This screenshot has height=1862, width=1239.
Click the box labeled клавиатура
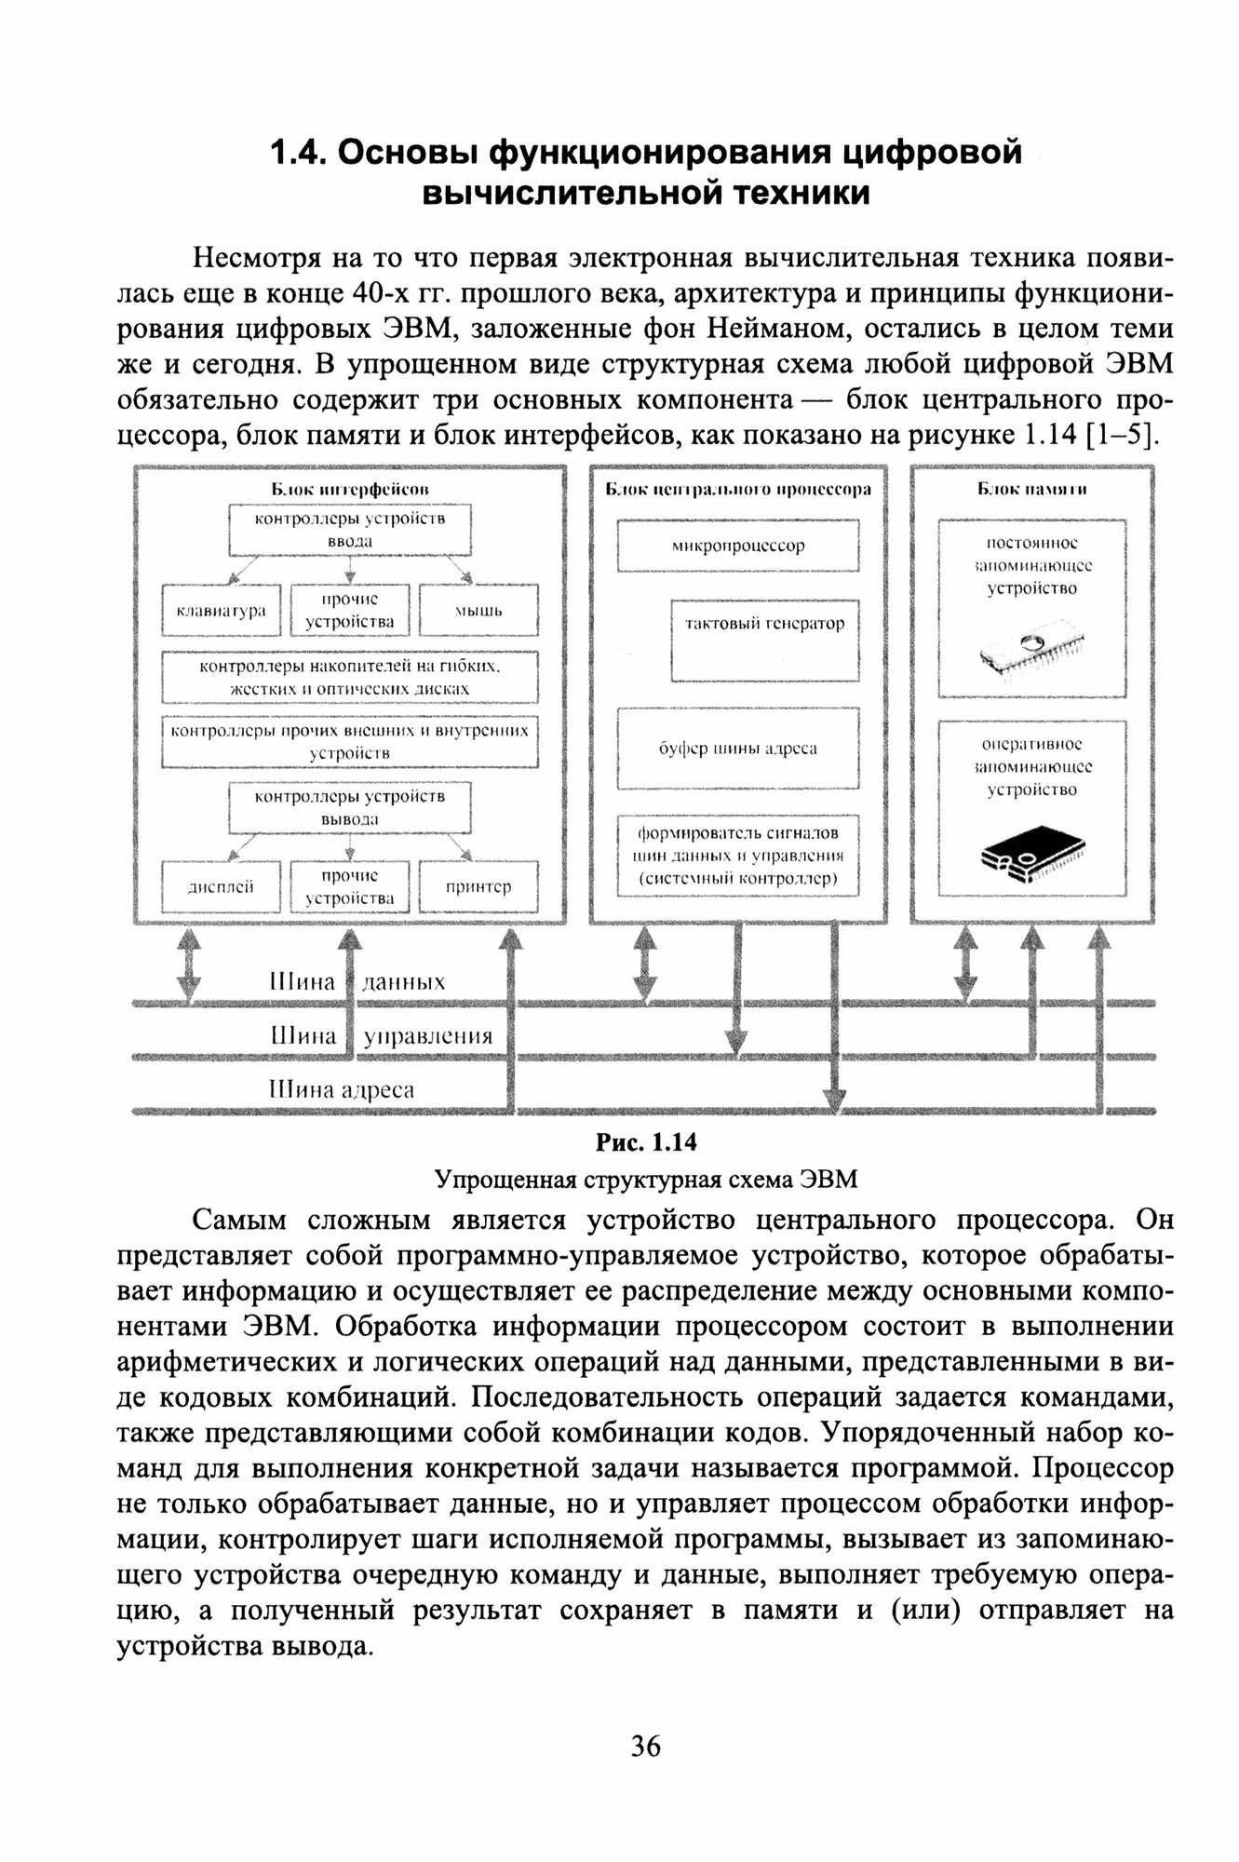(222, 610)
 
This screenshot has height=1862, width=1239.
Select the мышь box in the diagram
(478, 610)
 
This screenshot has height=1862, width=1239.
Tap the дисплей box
(222, 886)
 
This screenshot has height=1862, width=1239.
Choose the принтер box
(478, 886)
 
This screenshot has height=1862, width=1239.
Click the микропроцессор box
(738, 546)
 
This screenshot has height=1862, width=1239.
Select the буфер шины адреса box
(738, 749)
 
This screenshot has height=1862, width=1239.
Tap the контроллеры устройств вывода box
(350, 807)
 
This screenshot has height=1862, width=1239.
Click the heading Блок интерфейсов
(350, 488)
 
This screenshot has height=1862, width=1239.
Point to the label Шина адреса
(342, 1089)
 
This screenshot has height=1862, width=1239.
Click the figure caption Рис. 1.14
(646, 1142)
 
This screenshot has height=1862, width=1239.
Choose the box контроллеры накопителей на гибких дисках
(350, 678)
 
